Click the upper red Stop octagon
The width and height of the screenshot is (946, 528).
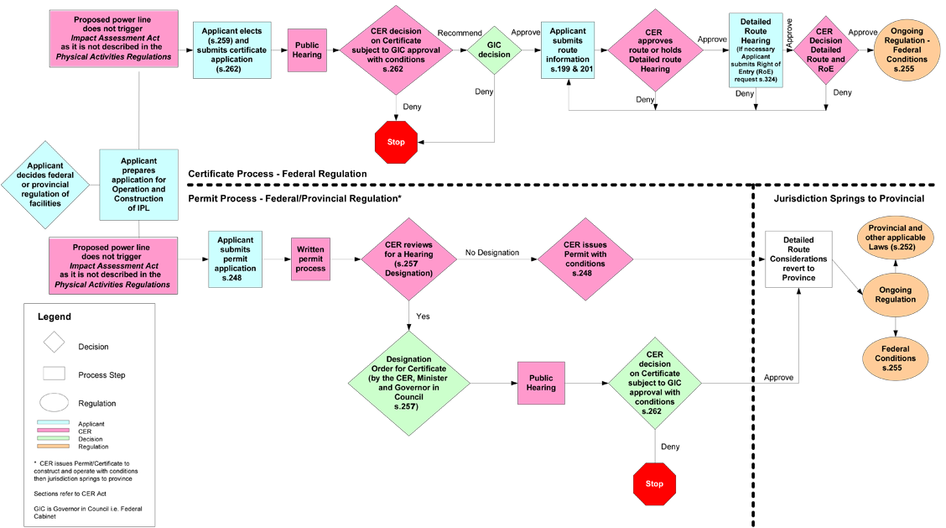(396, 142)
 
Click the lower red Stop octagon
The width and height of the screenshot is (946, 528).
(654, 484)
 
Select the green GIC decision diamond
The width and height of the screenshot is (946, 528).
(494, 50)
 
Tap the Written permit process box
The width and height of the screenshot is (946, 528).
(310, 259)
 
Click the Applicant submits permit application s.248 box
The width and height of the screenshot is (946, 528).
(235, 258)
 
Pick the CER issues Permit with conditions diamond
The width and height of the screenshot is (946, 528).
(585, 259)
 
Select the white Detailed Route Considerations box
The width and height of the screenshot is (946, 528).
(798, 259)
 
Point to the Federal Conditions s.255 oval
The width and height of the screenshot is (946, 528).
(895, 358)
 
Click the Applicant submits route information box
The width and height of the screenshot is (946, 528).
(568, 50)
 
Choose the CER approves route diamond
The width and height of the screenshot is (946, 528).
(655, 50)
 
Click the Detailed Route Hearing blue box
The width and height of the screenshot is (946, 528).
(756, 50)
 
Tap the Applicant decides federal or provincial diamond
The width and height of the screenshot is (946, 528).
(44, 185)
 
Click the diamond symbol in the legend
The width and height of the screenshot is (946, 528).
(55, 342)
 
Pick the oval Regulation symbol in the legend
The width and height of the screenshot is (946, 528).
(55, 403)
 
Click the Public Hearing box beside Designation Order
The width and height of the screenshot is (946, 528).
(541, 383)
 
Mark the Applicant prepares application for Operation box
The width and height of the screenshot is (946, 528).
(139, 185)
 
